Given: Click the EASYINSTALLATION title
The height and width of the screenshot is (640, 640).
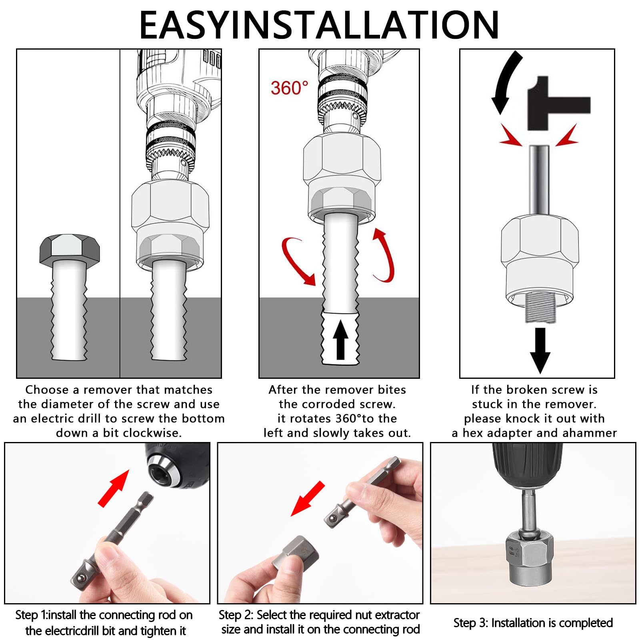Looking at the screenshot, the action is [319, 25].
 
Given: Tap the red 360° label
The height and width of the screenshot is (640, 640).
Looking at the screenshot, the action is [290, 88].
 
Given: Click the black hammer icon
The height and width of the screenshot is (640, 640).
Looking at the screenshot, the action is [559, 103].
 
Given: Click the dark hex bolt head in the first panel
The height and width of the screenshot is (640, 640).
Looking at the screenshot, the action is [70, 249].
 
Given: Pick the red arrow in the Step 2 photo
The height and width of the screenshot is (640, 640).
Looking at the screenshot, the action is [308, 498].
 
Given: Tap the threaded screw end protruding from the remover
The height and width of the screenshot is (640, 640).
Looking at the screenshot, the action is [540, 307].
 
